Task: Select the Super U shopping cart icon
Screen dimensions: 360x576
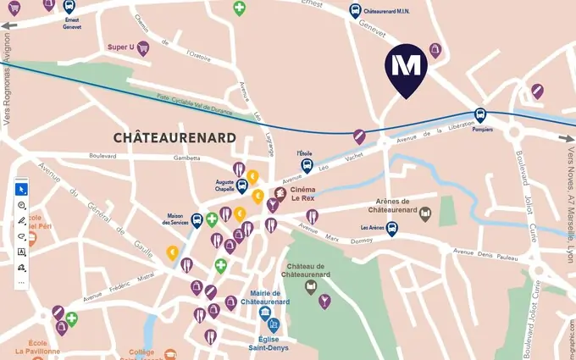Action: pyautogui.click(x=143, y=48)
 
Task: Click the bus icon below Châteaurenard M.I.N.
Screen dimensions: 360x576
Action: pyautogui.click(x=356, y=12)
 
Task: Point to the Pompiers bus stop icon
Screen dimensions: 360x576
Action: pyautogui.click(x=480, y=116)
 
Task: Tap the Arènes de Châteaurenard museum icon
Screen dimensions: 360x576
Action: pyautogui.click(x=425, y=214)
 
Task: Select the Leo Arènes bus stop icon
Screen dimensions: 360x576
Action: pyautogui.click(x=391, y=228)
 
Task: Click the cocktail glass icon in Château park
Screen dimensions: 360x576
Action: pyautogui.click(x=324, y=301)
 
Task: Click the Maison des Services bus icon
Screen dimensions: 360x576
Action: pyautogui.click(x=197, y=220)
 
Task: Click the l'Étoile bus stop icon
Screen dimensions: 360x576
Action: pyautogui.click(x=307, y=166)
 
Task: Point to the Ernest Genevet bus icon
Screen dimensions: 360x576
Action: pyautogui.click(x=69, y=7)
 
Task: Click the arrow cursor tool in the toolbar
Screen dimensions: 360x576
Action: pyautogui.click(x=21, y=189)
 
